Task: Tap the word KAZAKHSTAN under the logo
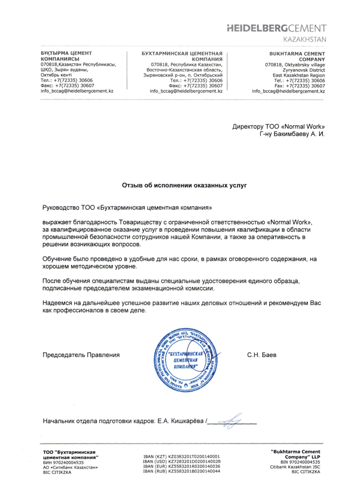point(304,40)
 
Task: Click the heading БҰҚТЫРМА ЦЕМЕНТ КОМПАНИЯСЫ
point(66,56)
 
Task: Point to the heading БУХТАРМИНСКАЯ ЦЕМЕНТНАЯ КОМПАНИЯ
point(185,56)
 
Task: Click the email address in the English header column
point(288,91)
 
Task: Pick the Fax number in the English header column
point(300,86)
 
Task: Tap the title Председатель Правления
point(81,355)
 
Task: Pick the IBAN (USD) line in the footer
point(182,461)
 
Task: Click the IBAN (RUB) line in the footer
point(182,471)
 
